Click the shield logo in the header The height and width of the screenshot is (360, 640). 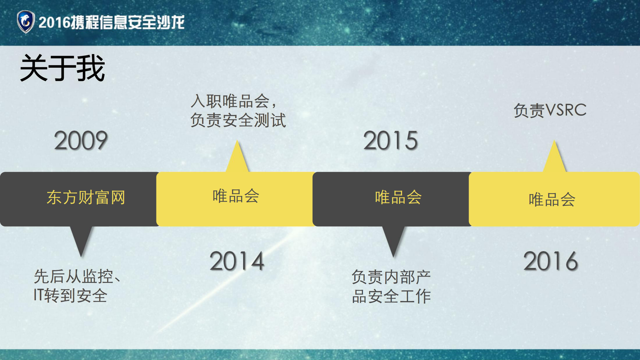pos(26,22)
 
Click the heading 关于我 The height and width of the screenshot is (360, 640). pos(63,68)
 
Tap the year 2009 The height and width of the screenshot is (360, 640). pos(81,140)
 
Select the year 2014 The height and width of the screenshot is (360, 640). pos(237,261)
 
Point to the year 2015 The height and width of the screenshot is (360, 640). pos(391,140)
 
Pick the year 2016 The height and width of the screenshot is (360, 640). pos(551,261)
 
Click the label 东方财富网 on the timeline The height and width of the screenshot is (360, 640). pos(86,198)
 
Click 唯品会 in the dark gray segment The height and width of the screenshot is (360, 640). pos(398,198)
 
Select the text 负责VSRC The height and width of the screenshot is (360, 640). pos(550,110)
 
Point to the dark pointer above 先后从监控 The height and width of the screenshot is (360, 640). pos(81,240)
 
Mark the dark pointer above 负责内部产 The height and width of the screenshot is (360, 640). pos(394,240)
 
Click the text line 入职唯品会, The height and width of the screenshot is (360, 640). pos(234,101)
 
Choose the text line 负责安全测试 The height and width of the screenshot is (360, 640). pos(238,120)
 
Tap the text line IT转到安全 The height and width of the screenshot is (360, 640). pos(70,296)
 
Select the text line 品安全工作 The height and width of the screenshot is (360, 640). pos(391,296)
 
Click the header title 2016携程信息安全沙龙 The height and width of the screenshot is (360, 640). pos(111,22)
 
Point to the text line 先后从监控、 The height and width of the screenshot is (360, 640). pos(77,277)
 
